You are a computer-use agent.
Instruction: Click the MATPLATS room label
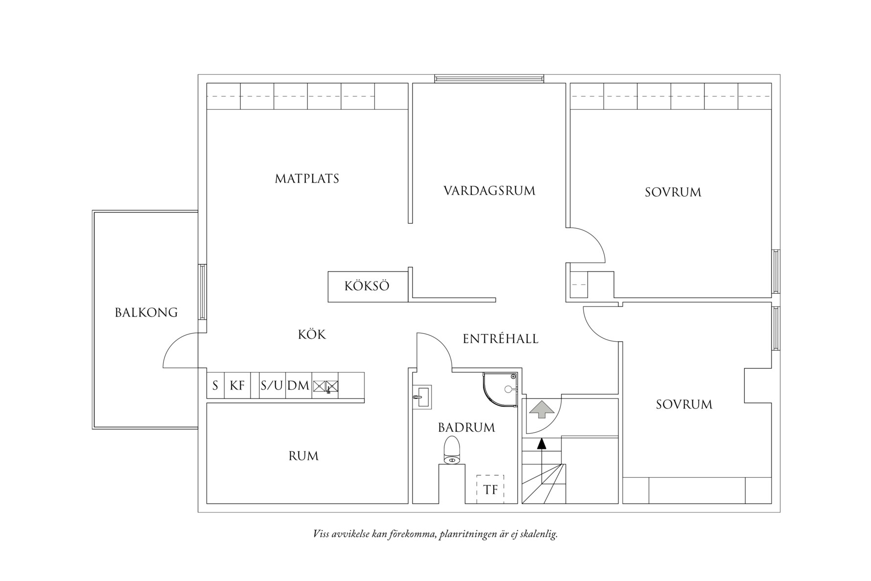307,179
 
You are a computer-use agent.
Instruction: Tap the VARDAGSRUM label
489,191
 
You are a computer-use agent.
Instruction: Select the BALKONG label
146,313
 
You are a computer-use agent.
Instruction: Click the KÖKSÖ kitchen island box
367,286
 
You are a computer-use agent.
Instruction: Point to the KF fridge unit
237,386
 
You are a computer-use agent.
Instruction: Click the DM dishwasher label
298,386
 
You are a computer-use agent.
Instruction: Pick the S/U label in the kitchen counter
272,386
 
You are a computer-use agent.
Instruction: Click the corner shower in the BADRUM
502,389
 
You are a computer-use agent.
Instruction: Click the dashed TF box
490,489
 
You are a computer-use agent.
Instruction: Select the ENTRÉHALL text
501,339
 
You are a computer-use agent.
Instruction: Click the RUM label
303,456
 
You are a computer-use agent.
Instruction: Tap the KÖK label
312,335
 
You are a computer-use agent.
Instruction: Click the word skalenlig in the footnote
539,534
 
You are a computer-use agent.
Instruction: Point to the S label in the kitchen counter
215,386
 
